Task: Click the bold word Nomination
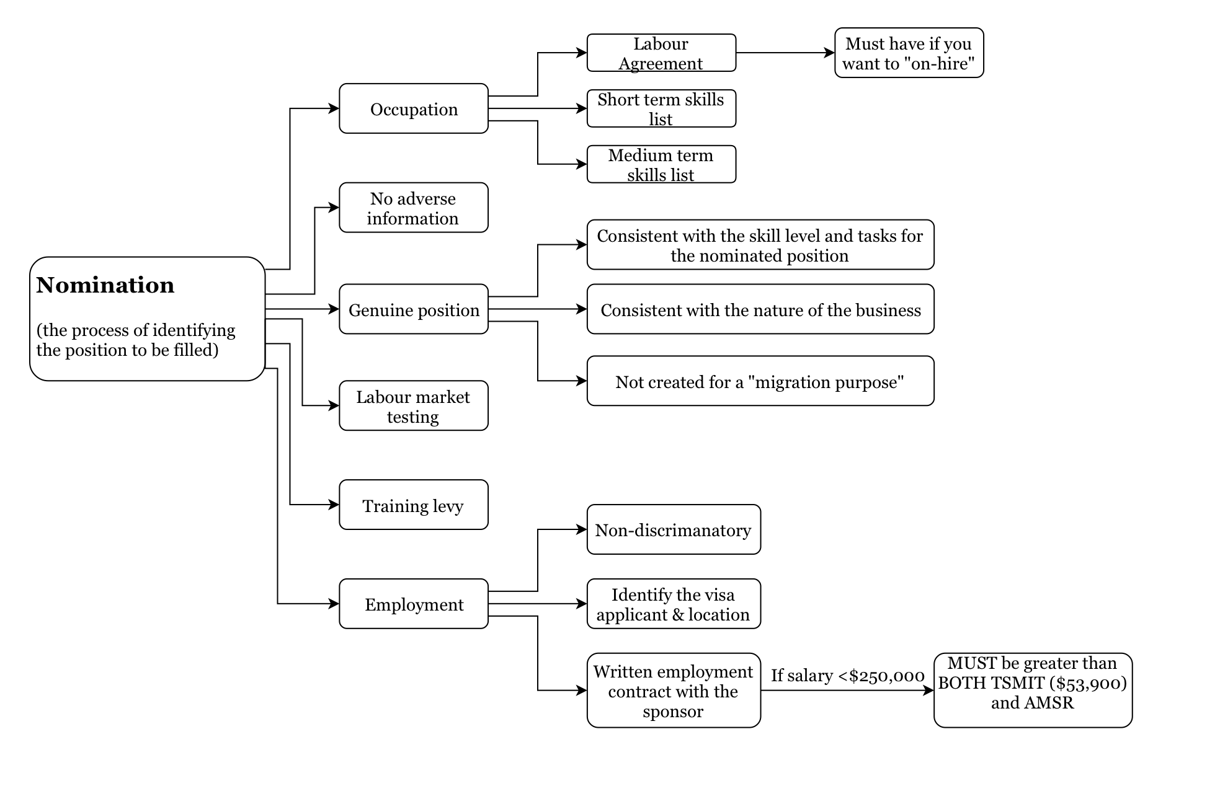(x=105, y=285)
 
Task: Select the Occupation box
(x=414, y=108)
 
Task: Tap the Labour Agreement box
(x=661, y=53)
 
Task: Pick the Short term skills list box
(x=661, y=108)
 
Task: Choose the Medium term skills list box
(x=661, y=164)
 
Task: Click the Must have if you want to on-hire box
(x=909, y=53)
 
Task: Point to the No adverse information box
(x=414, y=208)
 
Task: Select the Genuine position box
(x=414, y=309)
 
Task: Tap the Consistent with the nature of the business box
(x=760, y=309)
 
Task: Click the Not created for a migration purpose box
(x=760, y=381)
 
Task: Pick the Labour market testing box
(x=414, y=405)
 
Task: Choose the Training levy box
(x=414, y=505)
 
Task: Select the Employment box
(x=414, y=604)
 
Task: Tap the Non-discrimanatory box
(x=674, y=529)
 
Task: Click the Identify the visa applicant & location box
(x=674, y=604)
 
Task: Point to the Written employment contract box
(x=674, y=691)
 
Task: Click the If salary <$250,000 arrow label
(x=847, y=676)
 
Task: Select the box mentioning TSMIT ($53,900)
(x=1033, y=691)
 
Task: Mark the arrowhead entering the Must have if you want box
(x=829, y=53)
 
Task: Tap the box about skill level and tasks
(x=760, y=245)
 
